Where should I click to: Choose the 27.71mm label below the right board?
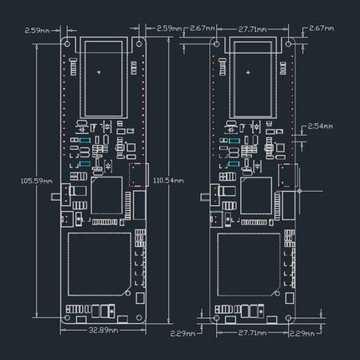pos(251,332)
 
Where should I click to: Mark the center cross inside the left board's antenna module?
pos(100,74)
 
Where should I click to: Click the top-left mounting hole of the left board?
pos(69,41)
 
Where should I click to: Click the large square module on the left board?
pos(100,262)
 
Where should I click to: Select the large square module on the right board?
pos(249,262)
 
